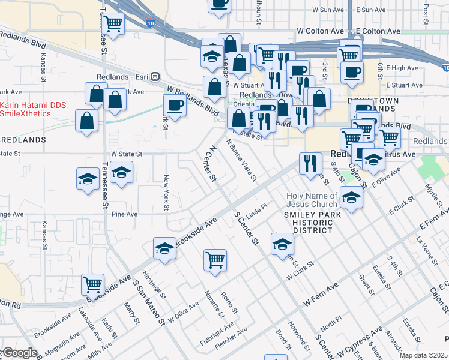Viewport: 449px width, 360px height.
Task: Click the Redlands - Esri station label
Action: (122, 77)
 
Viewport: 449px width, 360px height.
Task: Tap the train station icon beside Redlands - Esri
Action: (155, 77)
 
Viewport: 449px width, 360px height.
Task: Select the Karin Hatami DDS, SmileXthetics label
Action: (34, 109)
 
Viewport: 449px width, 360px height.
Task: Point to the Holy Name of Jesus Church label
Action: (312, 200)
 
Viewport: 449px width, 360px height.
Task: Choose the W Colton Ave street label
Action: (322, 31)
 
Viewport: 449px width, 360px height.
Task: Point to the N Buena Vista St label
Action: (241, 161)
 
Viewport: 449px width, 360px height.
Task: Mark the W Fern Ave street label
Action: (320, 296)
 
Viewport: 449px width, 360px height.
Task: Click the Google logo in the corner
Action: (19, 353)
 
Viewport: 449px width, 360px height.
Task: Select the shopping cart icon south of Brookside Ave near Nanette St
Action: (215, 260)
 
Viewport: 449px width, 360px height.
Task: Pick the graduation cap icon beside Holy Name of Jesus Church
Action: (351, 196)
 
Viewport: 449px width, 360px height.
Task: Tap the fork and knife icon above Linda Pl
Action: (310, 163)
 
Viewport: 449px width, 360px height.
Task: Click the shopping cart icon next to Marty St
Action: (92, 284)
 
